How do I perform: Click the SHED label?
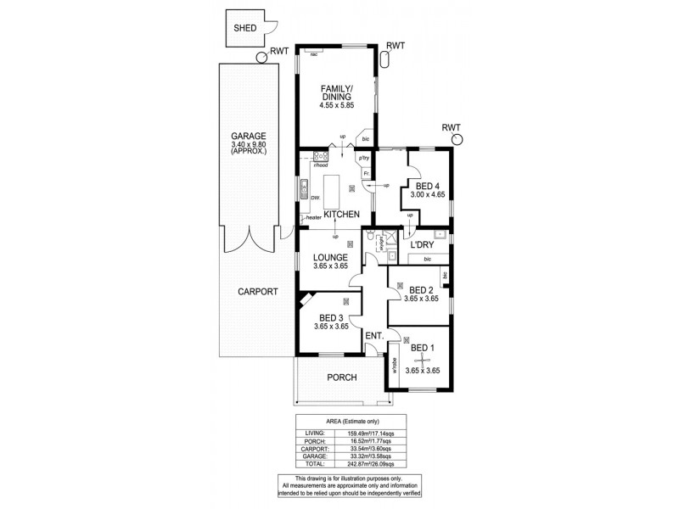(x=246, y=27)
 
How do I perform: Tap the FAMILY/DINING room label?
(x=335, y=92)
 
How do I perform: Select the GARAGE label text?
(x=249, y=137)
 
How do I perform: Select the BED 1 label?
(x=421, y=347)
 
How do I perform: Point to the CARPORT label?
(x=256, y=290)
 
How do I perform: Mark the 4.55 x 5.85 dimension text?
(x=335, y=104)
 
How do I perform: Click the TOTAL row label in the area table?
(x=313, y=464)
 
